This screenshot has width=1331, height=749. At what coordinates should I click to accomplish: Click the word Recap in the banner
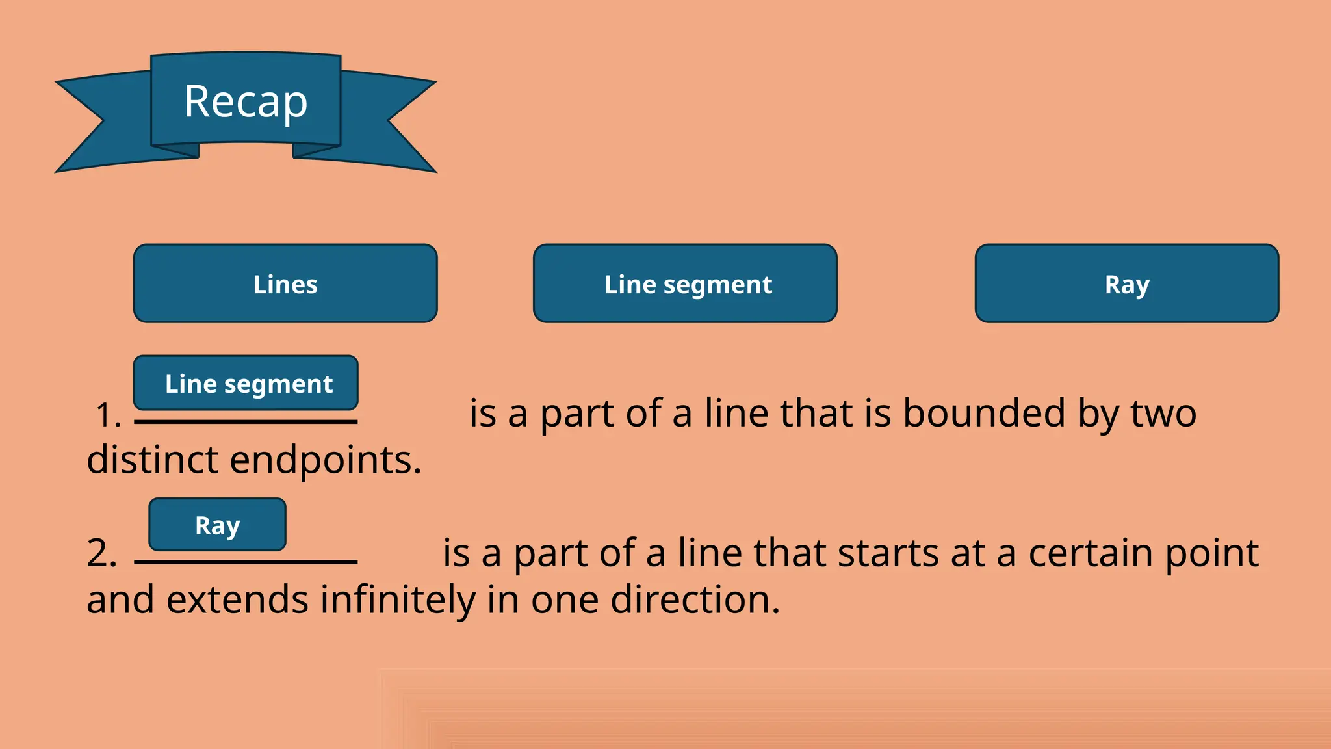pos(246,101)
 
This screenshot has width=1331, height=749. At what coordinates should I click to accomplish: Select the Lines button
pos(285,283)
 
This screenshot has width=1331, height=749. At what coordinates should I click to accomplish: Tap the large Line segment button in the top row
pos(685,283)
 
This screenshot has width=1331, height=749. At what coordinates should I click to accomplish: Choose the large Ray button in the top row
pos(1127,283)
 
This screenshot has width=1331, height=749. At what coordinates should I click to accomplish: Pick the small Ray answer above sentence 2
pos(217,525)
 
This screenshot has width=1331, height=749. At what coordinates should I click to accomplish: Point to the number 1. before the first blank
pos(108,415)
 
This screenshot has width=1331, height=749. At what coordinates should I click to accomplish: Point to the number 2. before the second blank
pos(102,554)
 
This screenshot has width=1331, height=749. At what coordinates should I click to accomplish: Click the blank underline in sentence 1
pos(246,422)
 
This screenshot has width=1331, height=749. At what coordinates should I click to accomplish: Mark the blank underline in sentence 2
pos(246,562)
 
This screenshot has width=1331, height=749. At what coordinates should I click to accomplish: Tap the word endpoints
pos(326,460)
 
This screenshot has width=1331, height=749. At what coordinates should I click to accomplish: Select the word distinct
pos(152,460)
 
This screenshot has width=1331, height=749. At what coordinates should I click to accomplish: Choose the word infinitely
pos(398,599)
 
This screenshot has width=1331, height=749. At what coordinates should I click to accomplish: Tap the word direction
pos(695,599)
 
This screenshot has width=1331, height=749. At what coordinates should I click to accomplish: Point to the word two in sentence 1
pos(1163,414)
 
